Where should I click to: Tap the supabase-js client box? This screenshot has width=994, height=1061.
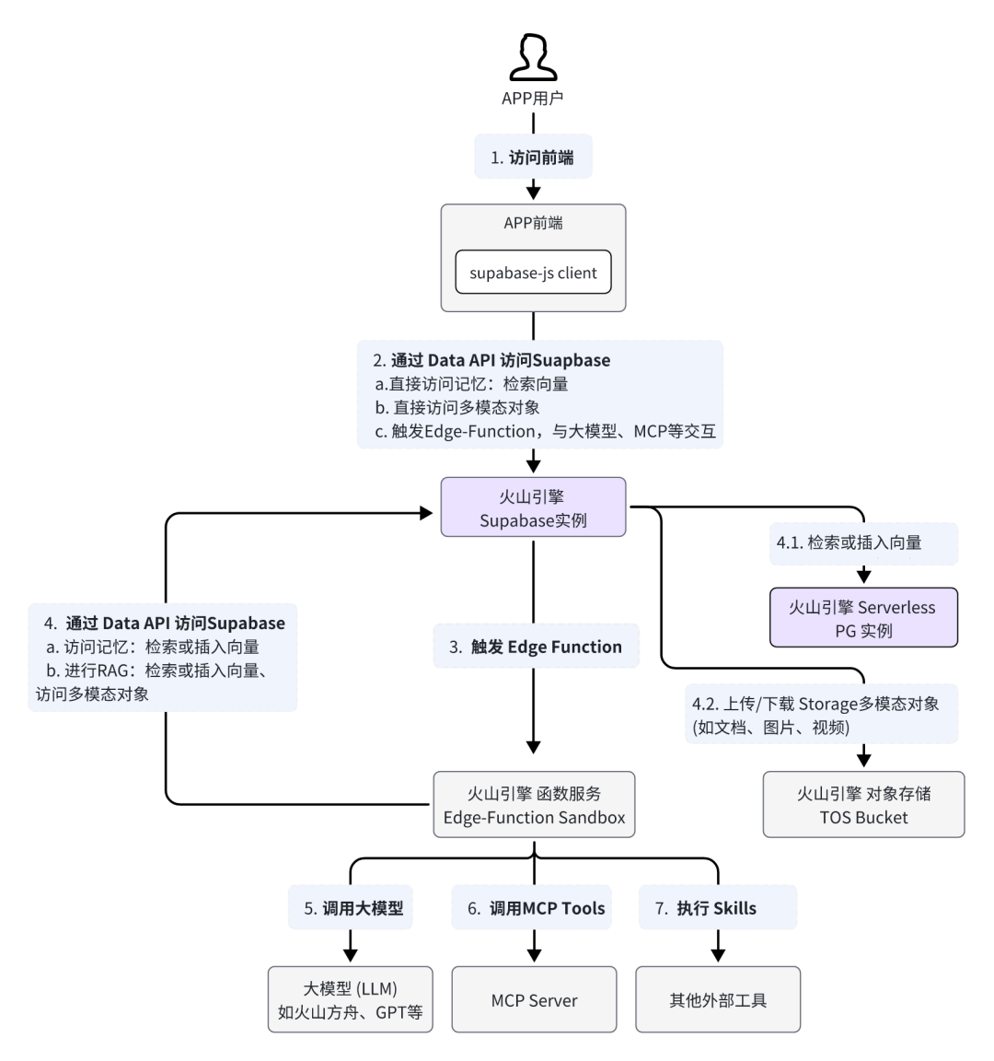click(533, 272)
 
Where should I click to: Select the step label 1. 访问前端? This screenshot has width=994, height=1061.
click(533, 157)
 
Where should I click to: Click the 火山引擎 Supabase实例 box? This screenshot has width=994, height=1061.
click(533, 507)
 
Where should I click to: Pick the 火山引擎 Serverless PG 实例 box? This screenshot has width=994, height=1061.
click(863, 618)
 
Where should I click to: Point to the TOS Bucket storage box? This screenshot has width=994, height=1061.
click(863, 805)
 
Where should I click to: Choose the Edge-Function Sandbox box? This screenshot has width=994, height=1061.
click(534, 805)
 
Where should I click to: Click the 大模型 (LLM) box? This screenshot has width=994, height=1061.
click(351, 999)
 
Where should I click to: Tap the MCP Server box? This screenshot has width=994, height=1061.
click(534, 999)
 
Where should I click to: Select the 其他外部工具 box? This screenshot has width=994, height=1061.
click(718, 999)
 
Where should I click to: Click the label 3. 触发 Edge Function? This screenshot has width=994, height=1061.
click(536, 647)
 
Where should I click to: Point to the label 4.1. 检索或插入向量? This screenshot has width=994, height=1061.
click(863, 542)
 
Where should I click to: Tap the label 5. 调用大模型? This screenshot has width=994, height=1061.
click(351, 907)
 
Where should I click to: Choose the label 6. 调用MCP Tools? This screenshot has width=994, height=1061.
click(532, 907)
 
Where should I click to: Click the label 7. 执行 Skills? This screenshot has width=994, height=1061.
click(718, 907)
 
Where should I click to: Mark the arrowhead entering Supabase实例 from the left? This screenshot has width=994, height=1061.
click(427, 513)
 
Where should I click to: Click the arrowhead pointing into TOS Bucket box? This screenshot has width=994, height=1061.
click(863, 759)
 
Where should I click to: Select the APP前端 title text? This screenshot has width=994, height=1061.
click(533, 223)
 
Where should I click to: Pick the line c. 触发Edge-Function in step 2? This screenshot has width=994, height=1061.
click(546, 431)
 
